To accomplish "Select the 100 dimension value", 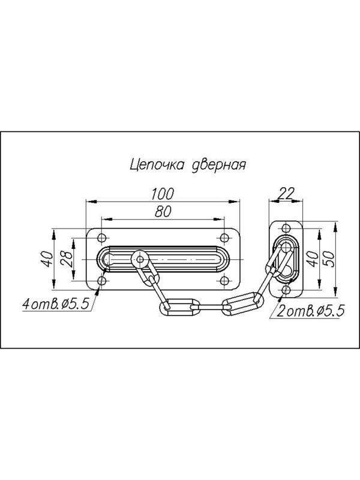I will point(162,194).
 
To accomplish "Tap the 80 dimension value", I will point(163,211).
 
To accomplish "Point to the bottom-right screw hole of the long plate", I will point(226,281).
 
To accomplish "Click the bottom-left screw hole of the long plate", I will point(101,281).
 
